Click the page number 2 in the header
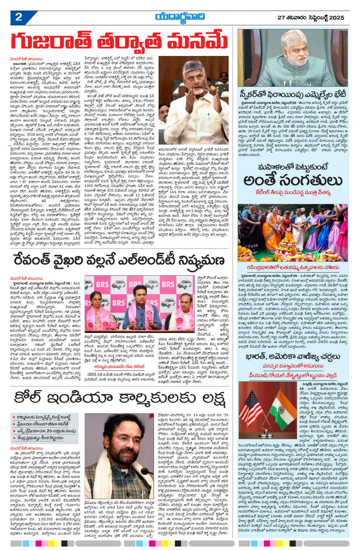coord(19,17)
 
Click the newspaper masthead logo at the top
coord(180,17)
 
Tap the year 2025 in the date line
coord(337,17)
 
